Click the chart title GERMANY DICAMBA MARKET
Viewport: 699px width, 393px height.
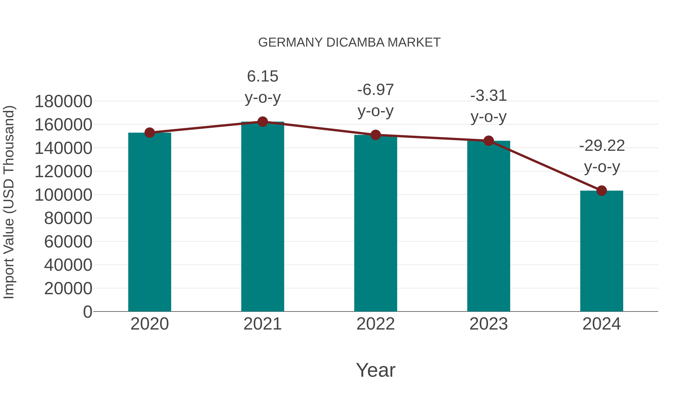click(x=349, y=43)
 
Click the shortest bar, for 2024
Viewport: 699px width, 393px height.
click(x=602, y=251)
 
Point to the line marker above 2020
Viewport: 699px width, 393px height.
click(x=150, y=133)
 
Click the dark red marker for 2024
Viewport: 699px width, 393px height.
click(x=602, y=191)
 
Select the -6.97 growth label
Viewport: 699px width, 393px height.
click(x=376, y=100)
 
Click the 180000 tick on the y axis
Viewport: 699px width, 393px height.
click(x=63, y=102)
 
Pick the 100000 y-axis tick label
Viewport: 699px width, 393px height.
click(x=63, y=195)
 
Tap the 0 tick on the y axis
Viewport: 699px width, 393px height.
click(x=87, y=312)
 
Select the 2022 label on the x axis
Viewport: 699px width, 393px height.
click(x=376, y=324)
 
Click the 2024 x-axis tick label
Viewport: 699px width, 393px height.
click(x=602, y=324)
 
